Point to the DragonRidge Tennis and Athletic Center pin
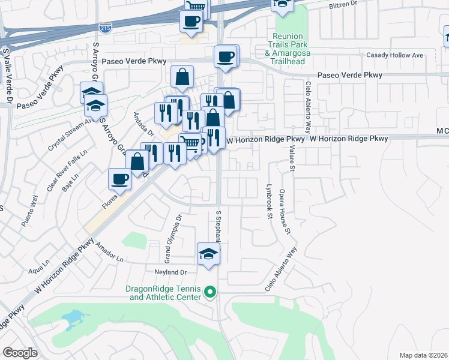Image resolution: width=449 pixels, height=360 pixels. tap(210, 292)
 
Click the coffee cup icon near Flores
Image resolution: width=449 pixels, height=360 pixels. tap(119, 179)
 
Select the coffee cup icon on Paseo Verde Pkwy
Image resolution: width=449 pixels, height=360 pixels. tap(226, 57)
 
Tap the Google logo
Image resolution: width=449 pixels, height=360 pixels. tap(20, 353)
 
